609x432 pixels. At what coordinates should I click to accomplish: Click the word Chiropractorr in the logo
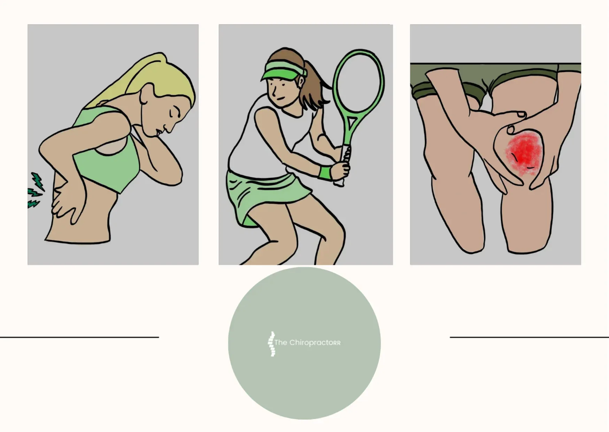tap(315, 343)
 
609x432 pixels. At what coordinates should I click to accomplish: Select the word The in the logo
tap(281, 342)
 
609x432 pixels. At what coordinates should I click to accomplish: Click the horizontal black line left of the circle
tap(79, 337)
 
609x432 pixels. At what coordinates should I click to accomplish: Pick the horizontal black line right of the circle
tap(529, 337)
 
